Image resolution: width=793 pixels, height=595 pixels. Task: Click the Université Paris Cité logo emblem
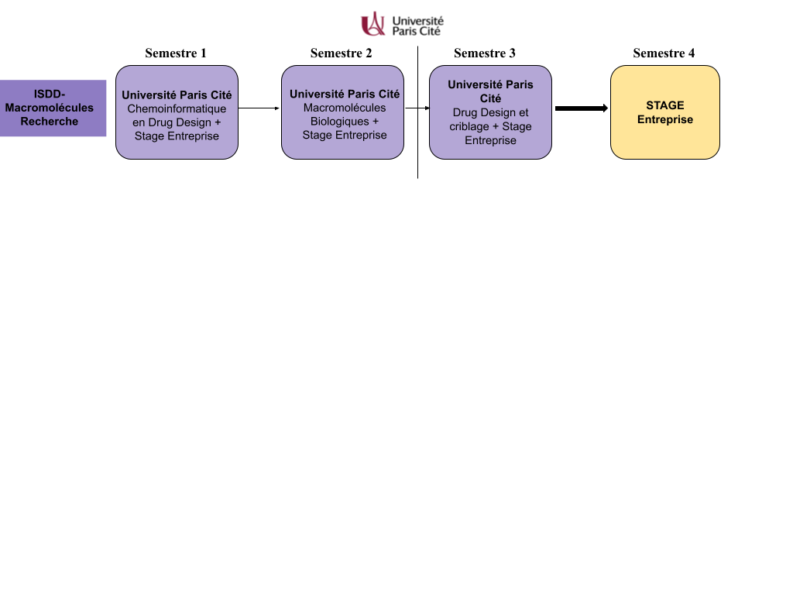click(x=373, y=24)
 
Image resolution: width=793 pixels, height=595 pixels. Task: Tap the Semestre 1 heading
click(x=176, y=53)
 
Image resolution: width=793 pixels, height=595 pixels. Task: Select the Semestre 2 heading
click(x=341, y=53)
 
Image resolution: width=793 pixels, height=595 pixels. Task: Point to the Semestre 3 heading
click(x=485, y=53)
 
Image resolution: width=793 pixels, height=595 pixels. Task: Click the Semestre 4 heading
click(x=664, y=53)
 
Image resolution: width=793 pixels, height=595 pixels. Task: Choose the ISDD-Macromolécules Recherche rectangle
click(x=53, y=108)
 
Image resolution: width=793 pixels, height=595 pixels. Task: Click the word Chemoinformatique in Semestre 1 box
click(x=177, y=108)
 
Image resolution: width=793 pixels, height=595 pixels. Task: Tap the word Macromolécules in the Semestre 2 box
click(x=345, y=108)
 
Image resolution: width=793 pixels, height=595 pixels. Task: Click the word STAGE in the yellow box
click(x=665, y=105)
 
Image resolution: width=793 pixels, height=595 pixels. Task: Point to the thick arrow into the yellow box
click(x=582, y=108)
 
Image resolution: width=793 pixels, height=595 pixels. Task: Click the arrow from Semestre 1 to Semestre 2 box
click(x=259, y=108)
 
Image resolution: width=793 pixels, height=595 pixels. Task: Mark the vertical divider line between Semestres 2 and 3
click(x=417, y=112)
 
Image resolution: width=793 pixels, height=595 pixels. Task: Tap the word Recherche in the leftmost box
click(x=49, y=122)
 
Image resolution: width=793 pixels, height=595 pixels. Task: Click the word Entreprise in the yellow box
click(x=665, y=120)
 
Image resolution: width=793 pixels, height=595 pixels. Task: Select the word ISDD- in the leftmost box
click(x=49, y=94)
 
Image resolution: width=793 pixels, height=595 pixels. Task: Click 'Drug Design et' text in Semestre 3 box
click(x=490, y=112)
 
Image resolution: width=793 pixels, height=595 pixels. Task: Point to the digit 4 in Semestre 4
click(x=692, y=53)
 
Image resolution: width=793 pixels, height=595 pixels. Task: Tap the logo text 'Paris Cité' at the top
click(x=416, y=31)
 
